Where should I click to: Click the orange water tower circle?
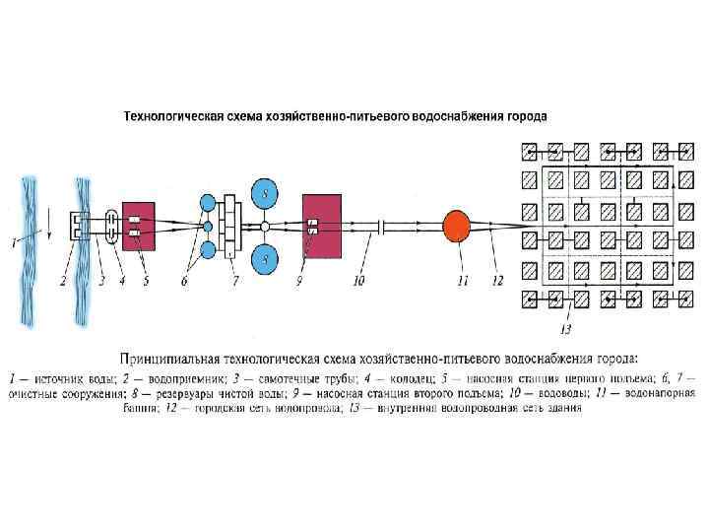tap(455, 225)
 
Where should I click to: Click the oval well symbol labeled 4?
tap(111, 227)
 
